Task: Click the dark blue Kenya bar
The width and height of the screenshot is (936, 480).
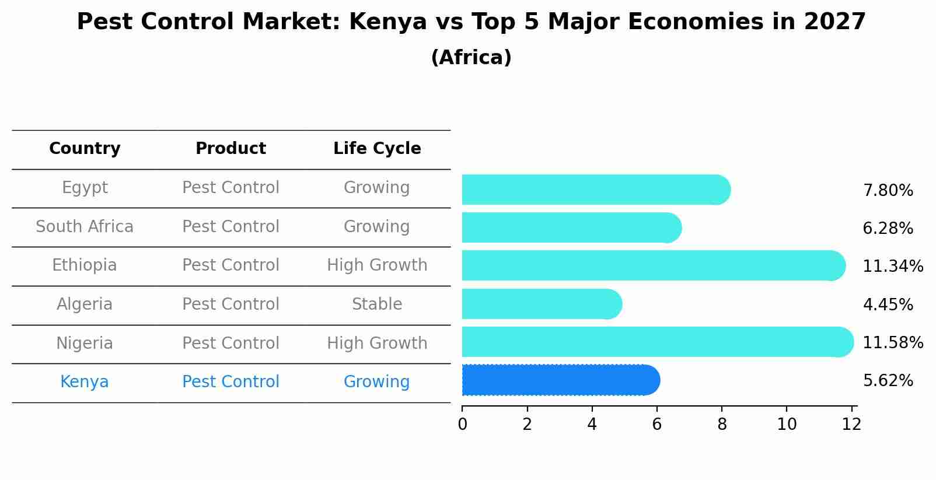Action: click(x=560, y=380)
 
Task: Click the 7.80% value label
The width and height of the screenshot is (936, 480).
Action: click(x=888, y=191)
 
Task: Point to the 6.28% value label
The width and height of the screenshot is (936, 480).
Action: click(x=888, y=229)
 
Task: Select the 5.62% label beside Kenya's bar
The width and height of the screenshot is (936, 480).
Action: click(x=888, y=381)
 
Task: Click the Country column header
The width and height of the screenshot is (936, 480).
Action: click(x=85, y=149)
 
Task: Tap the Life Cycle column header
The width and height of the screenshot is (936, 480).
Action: click(x=377, y=149)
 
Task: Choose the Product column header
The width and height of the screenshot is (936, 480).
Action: click(x=230, y=149)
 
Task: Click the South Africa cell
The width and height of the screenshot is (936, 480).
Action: click(x=85, y=226)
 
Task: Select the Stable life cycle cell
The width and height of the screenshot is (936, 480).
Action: click(x=377, y=304)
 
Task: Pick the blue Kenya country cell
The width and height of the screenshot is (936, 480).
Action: click(x=85, y=382)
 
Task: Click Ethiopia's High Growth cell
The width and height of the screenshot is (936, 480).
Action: click(x=377, y=265)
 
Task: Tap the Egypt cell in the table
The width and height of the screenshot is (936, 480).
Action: click(x=85, y=188)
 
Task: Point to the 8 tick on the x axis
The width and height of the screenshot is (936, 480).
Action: click(x=722, y=424)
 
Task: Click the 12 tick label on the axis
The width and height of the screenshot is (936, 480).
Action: click(x=851, y=424)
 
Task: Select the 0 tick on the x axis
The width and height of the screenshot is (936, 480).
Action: click(x=463, y=424)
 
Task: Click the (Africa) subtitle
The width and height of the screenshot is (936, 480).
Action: click(x=471, y=58)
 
